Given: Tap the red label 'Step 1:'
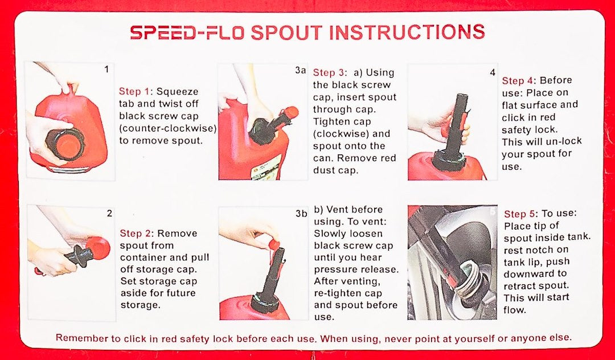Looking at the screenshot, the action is (x=134, y=92).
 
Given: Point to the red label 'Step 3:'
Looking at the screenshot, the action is (x=329, y=73).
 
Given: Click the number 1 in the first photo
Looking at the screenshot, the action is (x=106, y=70).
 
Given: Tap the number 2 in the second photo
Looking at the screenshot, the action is (x=109, y=214).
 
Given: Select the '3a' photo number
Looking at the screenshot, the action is (x=300, y=70).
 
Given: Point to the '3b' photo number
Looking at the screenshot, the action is (x=301, y=214).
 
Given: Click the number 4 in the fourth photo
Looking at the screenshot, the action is (x=493, y=72).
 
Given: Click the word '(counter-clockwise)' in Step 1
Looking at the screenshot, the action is (x=168, y=128).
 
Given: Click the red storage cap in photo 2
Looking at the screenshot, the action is (x=98, y=248).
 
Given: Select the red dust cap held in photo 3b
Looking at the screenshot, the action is (x=273, y=246).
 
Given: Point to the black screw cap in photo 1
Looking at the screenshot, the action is (x=65, y=144).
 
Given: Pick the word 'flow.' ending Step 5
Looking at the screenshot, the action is (x=514, y=310).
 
